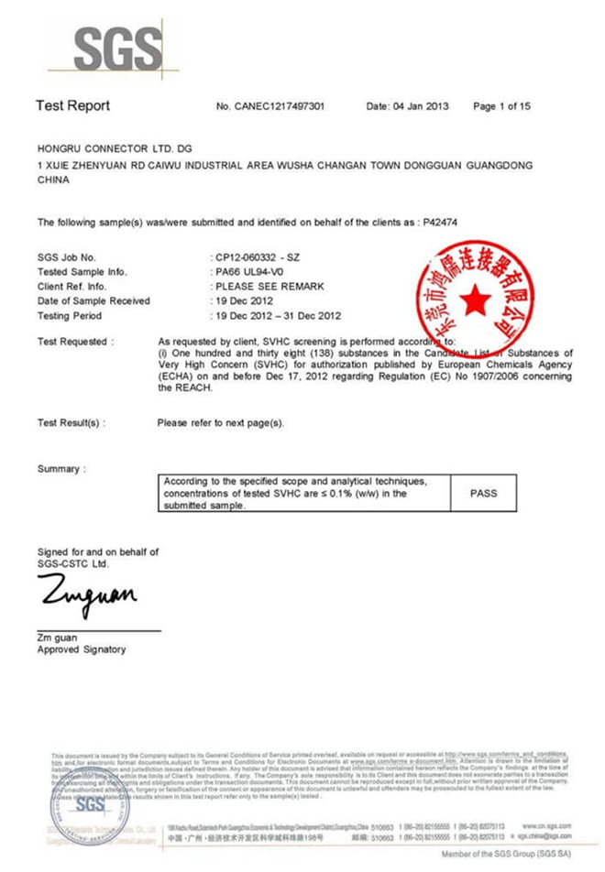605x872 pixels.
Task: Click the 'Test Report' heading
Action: click(72, 105)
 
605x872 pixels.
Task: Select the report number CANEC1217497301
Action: click(281, 106)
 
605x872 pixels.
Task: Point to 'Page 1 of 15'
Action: click(501, 106)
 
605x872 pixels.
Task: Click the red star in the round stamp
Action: click(475, 300)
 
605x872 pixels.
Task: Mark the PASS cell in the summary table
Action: click(483, 493)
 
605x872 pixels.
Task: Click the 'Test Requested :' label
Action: click(76, 342)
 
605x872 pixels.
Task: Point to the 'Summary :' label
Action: click(60, 469)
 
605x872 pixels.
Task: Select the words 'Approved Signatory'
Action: click(82, 649)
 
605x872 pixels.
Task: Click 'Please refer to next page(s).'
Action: click(221, 422)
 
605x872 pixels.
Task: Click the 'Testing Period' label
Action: click(70, 316)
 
